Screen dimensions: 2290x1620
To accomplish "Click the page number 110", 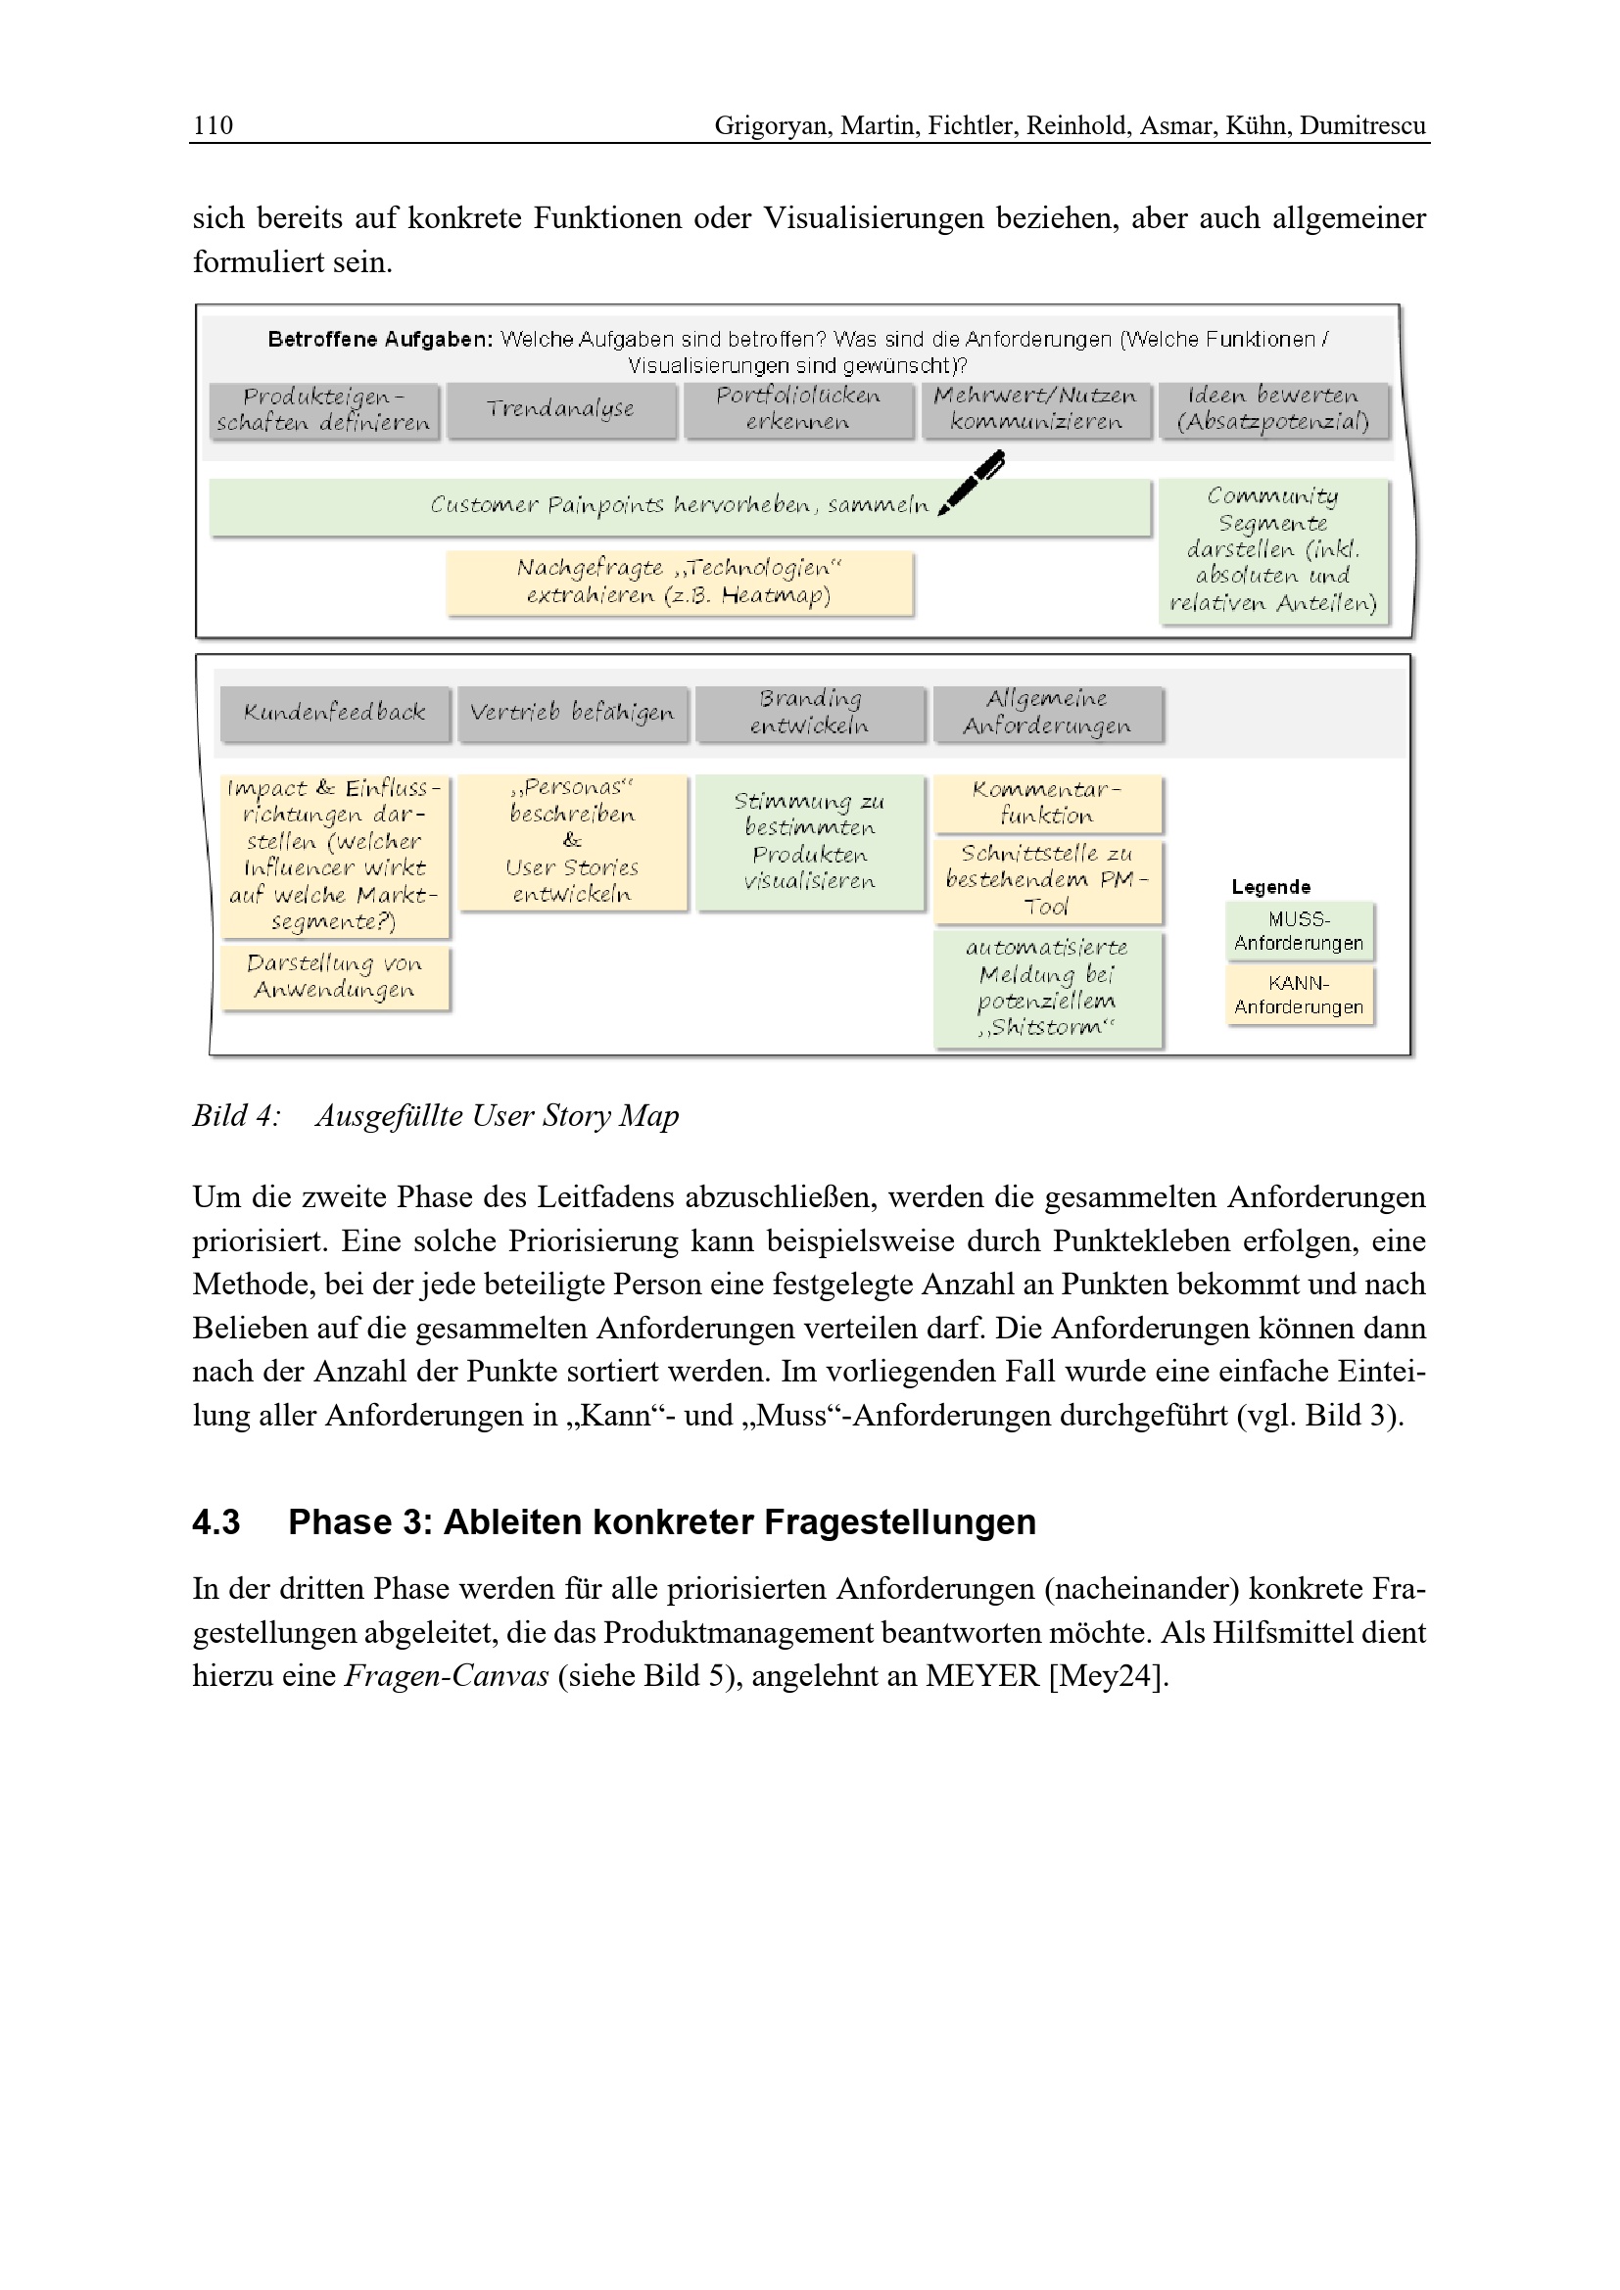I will click(x=213, y=125).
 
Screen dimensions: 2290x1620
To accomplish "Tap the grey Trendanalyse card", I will click(x=560, y=409).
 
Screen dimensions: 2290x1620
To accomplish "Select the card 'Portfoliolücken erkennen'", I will click(x=798, y=409).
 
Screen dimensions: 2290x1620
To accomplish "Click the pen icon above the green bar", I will click(x=972, y=482).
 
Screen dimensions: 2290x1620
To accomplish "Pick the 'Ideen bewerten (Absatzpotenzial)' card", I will click(x=1273, y=409).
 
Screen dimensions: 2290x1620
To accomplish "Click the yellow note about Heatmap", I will click(x=680, y=582).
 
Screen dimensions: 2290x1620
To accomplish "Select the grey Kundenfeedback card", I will click(x=335, y=712).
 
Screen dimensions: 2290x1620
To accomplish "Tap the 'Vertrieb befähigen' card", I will click(x=573, y=712).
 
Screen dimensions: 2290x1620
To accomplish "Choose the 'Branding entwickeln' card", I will click(x=810, y=712).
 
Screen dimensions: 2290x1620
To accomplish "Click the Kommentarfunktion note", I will click(x=1047, y=803).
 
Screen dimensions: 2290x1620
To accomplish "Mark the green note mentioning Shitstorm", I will click(x=1047, y=988).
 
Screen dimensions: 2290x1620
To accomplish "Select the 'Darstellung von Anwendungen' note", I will click(x=335, y=976).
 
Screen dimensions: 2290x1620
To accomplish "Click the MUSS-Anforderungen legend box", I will click(x=1299, y=930).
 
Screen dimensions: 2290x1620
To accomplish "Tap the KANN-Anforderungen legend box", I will click(x=1299, y=995).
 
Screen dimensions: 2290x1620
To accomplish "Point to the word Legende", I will click(x=1271, y=887).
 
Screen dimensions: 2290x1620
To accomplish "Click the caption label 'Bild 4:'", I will click(x=236, y=1115).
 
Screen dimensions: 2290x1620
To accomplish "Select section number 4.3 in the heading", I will click(x=216, y=1522).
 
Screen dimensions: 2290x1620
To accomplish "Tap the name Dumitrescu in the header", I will click(x=1361, y=125).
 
